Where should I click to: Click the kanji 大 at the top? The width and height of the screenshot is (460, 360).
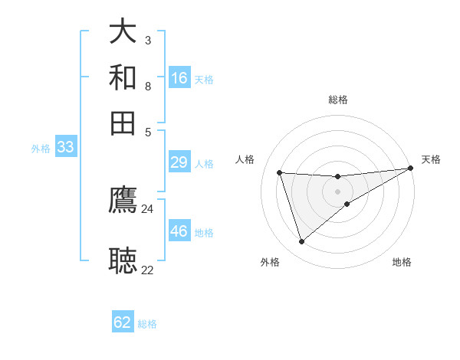pos(123,31)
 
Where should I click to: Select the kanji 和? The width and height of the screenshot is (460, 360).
pos(123,77)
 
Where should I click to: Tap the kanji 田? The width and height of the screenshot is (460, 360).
pos(123,123)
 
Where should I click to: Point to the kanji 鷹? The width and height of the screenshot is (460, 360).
pos(123,200)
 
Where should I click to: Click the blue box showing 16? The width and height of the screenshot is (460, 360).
pos(179,78)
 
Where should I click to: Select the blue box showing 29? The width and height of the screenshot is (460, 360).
pos(179,162)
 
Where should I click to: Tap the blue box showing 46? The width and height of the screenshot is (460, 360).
pos(179,231)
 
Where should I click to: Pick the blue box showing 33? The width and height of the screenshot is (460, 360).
pos(65,147)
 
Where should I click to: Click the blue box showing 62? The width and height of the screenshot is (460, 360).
pos(123,322)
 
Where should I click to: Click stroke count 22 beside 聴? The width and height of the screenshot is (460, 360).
pos(147,270)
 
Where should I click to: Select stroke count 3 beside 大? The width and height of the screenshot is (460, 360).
pos(147,40)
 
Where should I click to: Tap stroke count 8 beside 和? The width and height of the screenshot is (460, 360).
pos(147,86)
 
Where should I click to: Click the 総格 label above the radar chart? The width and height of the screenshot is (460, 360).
pos(338,100)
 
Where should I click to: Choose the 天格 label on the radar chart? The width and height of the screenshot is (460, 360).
pos(432,159)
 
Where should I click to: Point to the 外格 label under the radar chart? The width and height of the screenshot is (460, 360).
pos(270,263)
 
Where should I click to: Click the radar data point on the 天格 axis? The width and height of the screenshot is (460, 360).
pos(410,169)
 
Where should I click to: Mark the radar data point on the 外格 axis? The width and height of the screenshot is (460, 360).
pos(301,242)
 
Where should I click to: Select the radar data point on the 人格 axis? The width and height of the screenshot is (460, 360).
pos(280,172)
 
